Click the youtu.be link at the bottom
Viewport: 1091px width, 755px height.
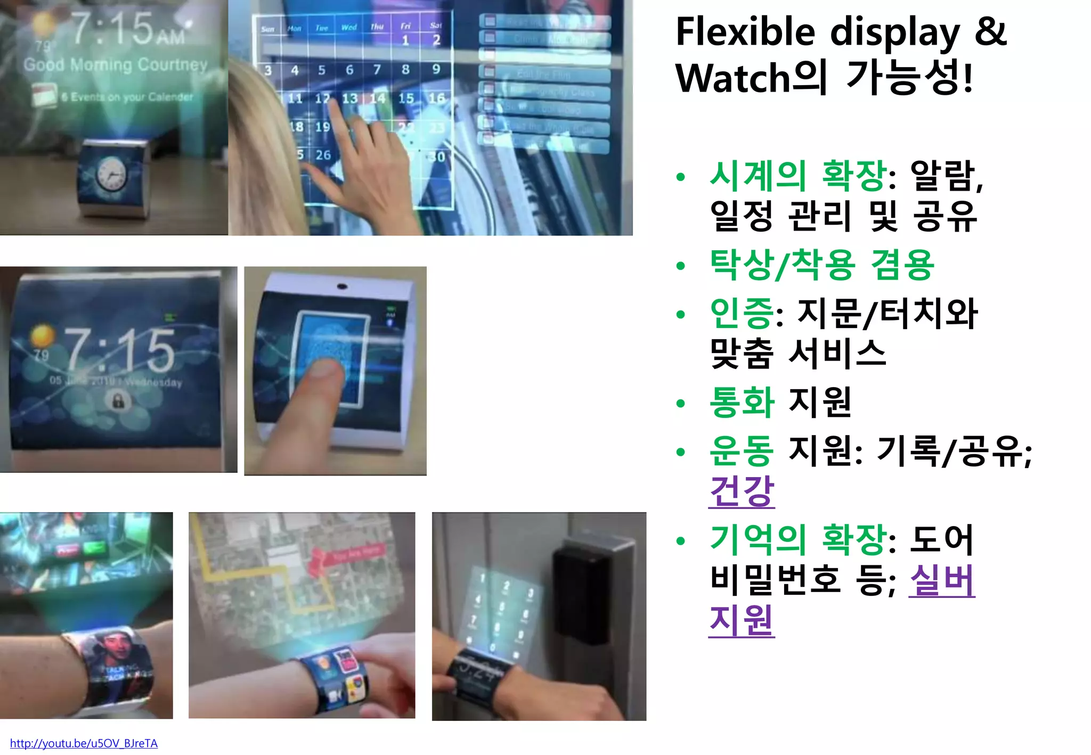[x=84, y=743]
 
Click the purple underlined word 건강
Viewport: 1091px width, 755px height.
[x=742, y=491]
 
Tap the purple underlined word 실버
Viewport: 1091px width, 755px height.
[x=942, y=580]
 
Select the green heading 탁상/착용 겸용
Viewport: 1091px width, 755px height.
[x=822, y=265]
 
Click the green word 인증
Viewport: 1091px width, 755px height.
[x=742, y=313]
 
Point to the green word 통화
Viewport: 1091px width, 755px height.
[x=742, y=402]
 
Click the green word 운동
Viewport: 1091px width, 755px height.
[x=742, y=451]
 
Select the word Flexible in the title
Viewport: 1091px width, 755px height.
[x=745, y=32]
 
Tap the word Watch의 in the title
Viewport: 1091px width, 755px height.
[x=751, y=78]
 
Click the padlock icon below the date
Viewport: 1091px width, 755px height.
[x=118, y=400]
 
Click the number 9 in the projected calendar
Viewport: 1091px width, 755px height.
[x=436, y=69]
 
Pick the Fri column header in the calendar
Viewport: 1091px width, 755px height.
[x=405, y=26]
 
